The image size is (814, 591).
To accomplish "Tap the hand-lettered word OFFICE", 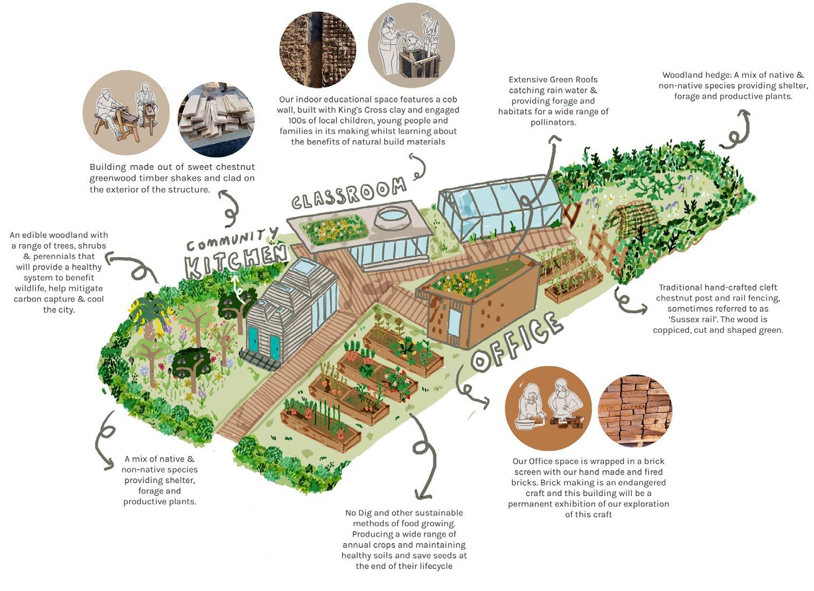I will pos(516,343).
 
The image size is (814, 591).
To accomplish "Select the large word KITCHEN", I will pos(235,262).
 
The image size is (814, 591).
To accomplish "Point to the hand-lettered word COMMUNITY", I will pos(233,238).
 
